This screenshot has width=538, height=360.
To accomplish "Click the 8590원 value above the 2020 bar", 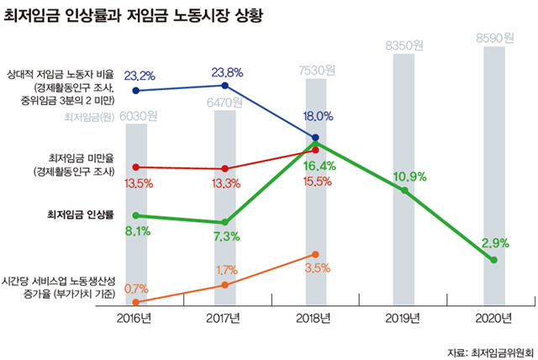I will [493, 38].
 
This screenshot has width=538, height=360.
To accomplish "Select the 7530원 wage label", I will [314, 69].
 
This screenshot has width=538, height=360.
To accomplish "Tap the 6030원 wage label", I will [137, 117].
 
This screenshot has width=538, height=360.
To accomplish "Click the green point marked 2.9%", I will [493, 260].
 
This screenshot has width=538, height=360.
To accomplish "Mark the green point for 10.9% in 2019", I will [404, 191].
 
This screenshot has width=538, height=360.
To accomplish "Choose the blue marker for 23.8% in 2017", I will [225, 86].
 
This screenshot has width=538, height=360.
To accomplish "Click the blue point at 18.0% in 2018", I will [315, 137].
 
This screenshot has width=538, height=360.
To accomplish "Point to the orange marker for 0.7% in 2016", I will [136, 301].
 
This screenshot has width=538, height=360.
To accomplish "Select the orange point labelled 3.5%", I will [315, 253].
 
